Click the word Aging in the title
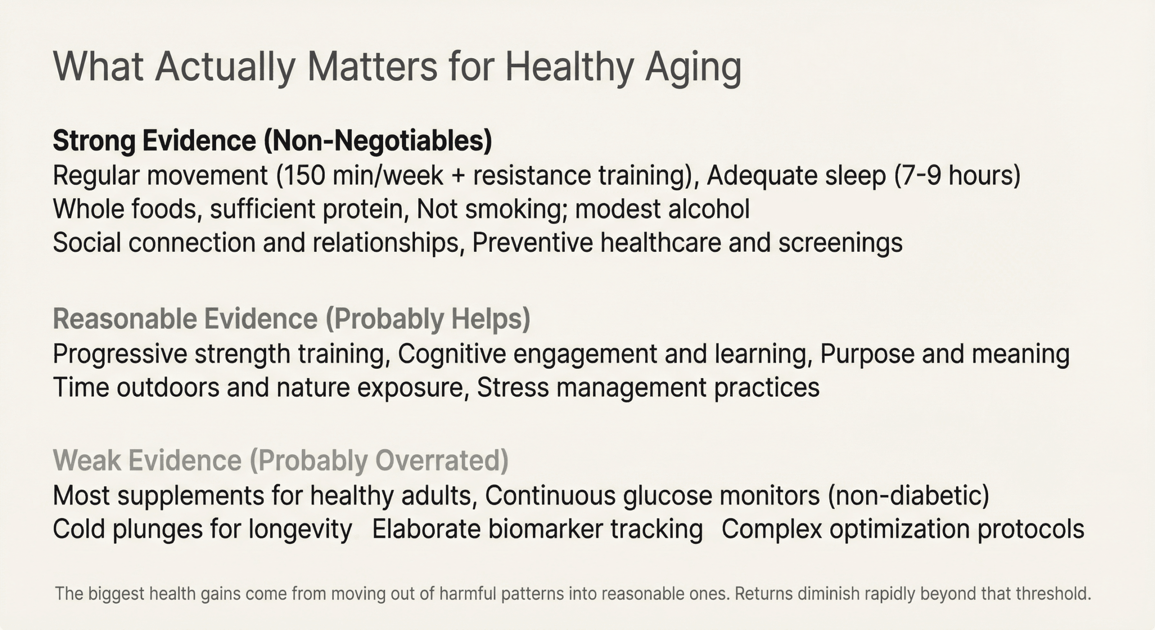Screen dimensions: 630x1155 693,68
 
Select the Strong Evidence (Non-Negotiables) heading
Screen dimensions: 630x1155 272,141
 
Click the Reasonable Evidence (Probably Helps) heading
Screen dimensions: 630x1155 291,319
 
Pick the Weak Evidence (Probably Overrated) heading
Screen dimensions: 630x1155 281,460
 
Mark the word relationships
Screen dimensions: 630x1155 388,243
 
